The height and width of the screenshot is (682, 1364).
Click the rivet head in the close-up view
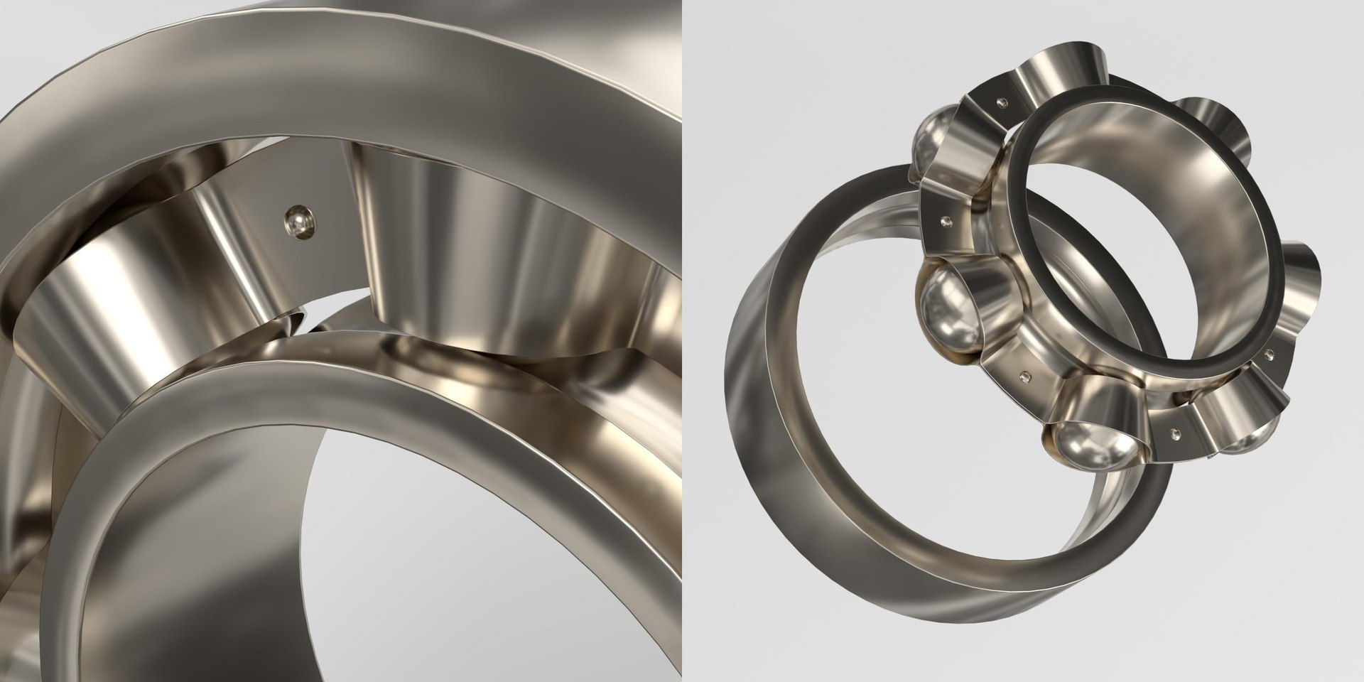[298, 223]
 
